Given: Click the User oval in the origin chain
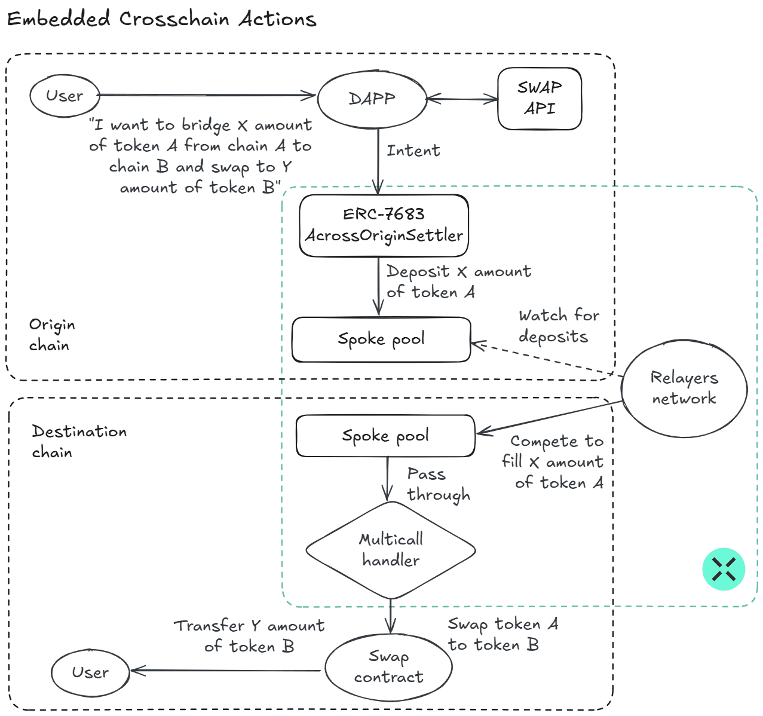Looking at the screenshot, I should [65, 96].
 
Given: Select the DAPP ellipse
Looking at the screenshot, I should [372, 99].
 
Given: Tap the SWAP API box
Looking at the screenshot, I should [540, 99].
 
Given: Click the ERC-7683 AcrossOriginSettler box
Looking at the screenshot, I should [384, 225].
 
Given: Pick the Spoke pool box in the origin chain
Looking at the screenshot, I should [381, 339].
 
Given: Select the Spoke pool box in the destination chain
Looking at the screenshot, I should [385, 436].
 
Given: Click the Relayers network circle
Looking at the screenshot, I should [684, 388].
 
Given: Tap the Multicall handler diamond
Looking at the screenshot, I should [391, 550].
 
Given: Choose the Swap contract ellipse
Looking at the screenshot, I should [388, 667].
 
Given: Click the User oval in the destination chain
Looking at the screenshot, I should [90, 672].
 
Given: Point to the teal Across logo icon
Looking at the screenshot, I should [724, 569].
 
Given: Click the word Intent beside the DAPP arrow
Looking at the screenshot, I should [413, 151].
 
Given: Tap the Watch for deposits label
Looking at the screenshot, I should [558, 326].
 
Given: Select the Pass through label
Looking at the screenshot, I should [437, 484].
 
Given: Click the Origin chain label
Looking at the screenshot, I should [52, 335].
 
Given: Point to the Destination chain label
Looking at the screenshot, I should [79, 441].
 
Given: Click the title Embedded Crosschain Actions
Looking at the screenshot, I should [161, 19].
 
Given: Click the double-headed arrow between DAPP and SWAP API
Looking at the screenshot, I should [462, 99].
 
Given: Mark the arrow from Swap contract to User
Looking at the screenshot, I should [227, 671].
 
